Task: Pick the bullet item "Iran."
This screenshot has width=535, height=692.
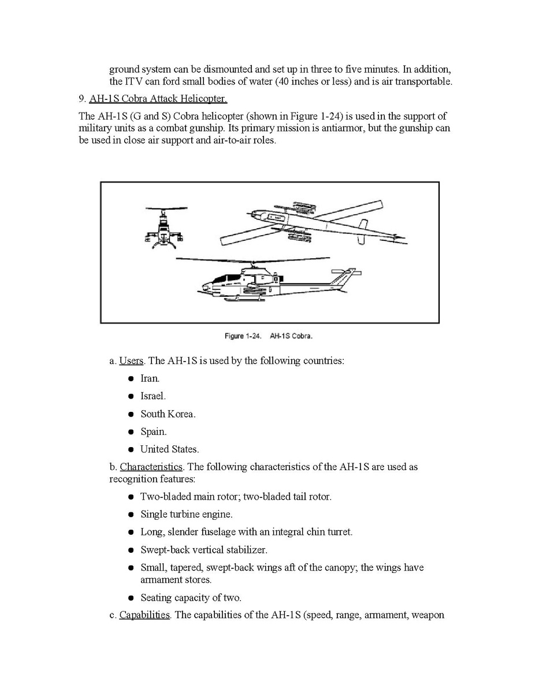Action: (150, 379)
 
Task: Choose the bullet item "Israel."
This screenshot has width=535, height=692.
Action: (153, 396)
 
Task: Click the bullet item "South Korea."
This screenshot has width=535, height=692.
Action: (168, 414)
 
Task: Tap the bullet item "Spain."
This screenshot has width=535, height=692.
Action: (153, 431)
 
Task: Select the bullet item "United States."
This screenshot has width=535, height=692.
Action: (169, 449)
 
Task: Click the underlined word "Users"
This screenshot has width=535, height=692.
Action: (131, 361)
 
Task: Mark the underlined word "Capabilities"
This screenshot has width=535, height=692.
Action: (144, 615)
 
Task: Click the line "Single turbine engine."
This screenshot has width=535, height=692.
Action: (186, 514)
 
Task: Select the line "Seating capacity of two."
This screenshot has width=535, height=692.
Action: (191, 598)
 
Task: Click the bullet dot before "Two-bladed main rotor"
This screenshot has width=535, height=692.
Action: (132, 497)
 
